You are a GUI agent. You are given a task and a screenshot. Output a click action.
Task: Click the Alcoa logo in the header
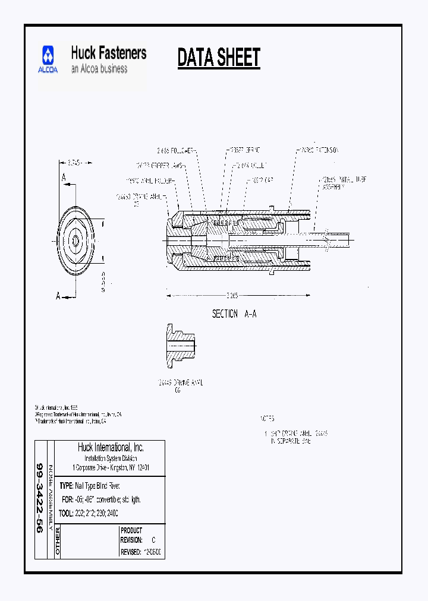(x=49, y=59)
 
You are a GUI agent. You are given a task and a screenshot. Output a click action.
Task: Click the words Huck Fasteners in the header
(x=108, y=53)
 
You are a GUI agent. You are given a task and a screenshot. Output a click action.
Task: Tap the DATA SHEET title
(x=219, y=58)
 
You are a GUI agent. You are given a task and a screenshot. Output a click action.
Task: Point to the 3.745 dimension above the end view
(x=74, y=161)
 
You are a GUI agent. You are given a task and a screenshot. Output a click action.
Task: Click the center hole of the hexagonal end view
(x=75, y=240)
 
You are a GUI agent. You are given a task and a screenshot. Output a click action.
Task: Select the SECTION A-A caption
(x=234, y=314)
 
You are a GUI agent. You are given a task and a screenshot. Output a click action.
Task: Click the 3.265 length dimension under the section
(x=232, y=295)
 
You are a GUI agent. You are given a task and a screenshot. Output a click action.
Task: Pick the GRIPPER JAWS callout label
(x=156, y=166)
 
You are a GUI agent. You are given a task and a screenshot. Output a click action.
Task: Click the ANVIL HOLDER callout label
(x=149, y=180)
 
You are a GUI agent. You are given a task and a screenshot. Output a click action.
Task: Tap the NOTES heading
(x=267, y=419)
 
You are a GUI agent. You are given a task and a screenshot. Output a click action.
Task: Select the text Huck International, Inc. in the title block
(x=111, y=448)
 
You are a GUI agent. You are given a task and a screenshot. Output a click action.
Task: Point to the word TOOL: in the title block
(x=67, y=513)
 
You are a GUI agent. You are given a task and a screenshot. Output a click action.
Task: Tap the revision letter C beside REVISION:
(x=153, y=540)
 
